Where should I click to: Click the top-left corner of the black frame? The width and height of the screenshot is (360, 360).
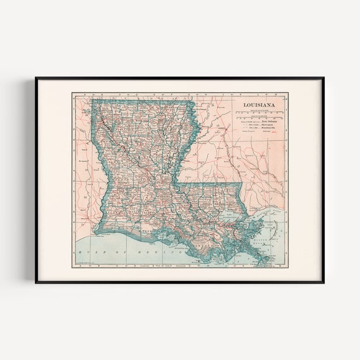[36, 78]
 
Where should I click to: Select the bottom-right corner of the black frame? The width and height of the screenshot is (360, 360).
[323, 282]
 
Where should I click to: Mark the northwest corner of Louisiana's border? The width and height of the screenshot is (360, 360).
[92, 99]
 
